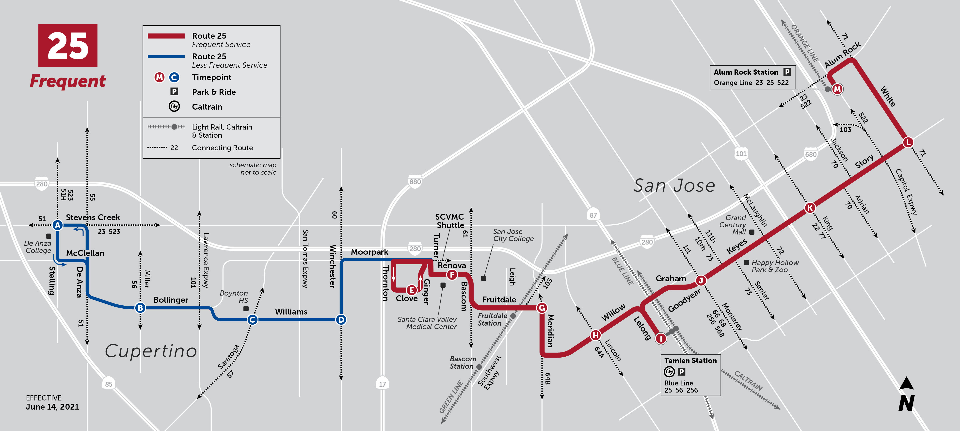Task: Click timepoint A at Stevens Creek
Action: pos(57,225)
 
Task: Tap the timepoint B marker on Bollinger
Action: pos(140,308)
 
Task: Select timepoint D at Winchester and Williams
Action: pos(341,319)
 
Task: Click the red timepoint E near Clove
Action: pos(411,290)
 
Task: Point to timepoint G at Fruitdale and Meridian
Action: pos(542,308)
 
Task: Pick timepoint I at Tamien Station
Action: pos(661,338)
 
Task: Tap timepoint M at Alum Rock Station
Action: pos(837,89)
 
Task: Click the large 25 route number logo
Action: pos(68,46)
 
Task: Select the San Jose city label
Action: pos(674,185)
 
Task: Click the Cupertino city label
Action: pos(151,351)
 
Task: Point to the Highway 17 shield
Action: pos(382,384)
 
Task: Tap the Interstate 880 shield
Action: pos(415,182)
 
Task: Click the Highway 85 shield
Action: pos(109,384)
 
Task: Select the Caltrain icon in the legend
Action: pos(174,107)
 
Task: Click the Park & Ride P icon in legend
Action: pos(174,92)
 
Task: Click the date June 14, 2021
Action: pos(52,407)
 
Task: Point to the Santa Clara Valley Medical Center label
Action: pos(427,323)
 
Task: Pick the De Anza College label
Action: pos(38,247)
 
